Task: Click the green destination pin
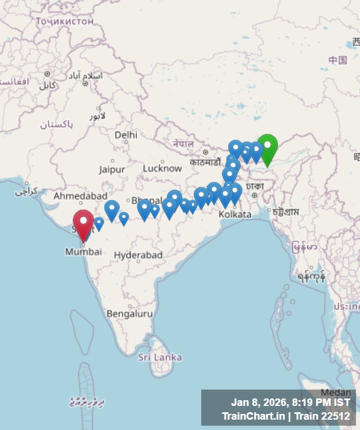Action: tap(267, 147)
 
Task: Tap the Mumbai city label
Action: tap(83, 252)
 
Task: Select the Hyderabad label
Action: tap(138, 255)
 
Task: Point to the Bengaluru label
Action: tap(130, 314)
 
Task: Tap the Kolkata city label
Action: tap(235, 214)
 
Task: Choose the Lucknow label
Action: tap(162, 168)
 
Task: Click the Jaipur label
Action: tap(112, 170)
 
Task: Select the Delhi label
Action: tap(126, 135)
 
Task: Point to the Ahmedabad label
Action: tap(80, 196)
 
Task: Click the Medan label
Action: tap(335, 393)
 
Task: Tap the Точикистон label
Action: tap(64, 21)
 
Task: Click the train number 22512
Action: tap(335, 416)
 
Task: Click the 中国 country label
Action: tap(338, 60)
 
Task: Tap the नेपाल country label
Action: tap(183, 143)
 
